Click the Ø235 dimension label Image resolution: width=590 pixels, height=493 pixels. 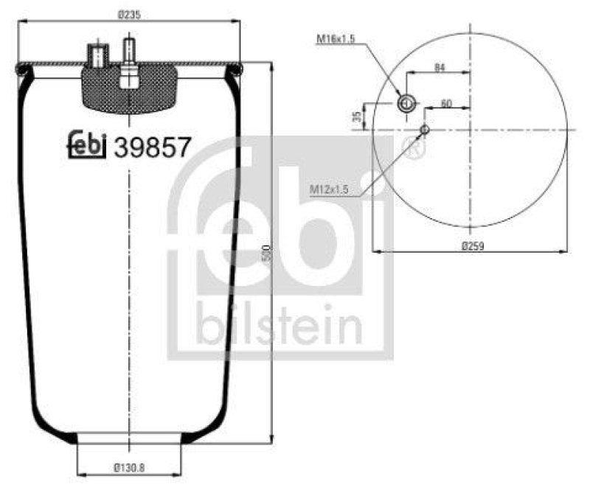click(130, 13)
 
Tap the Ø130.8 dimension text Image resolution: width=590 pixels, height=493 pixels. click(130, 466)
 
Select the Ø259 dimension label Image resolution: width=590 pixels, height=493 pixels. click(472, 245)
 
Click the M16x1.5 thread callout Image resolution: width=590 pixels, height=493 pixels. click(336, 38)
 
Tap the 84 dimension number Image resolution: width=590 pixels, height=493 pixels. click(440, 68)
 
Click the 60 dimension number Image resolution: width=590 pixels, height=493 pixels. click(446, 104)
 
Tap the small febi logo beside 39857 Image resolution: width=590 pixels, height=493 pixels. click(88, 145)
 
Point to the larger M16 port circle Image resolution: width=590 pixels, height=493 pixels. click(406, 103)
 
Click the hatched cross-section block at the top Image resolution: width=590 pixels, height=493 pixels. click(130, 92)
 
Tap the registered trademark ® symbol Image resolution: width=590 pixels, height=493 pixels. click(414, 150)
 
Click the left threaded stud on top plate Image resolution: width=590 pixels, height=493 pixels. click(97, 55)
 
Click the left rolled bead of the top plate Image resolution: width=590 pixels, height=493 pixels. click(21, 71)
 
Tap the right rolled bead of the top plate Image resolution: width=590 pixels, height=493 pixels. click(237, 71)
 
